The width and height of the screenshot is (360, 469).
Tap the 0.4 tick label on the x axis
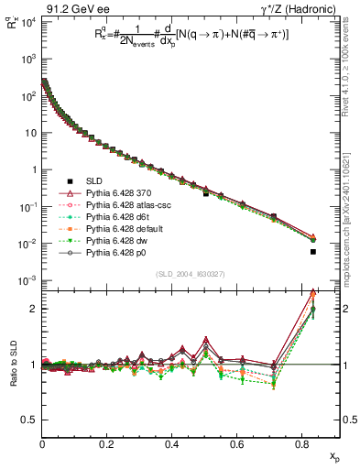[x=171, y=443]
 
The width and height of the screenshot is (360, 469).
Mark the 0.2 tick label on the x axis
[x=107, y=443]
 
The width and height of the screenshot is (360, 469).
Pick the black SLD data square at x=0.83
[x=313, y=251]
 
